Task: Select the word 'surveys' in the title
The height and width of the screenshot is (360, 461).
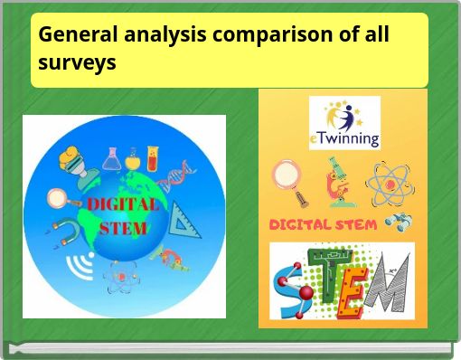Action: click(x=77, y=62)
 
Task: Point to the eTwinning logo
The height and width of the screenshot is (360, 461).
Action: click(x=343, y=123)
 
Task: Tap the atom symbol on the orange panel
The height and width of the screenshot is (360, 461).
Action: click(x=390, y=181)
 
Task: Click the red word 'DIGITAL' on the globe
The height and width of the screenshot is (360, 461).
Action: click(x=122, y=204)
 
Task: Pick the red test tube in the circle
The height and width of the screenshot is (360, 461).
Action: click(x=153, y=159)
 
